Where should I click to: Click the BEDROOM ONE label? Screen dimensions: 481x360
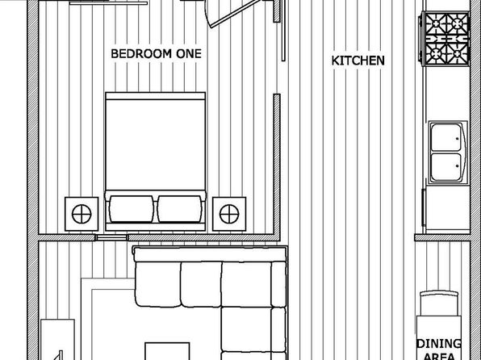156,54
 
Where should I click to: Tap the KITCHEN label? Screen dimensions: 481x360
358,61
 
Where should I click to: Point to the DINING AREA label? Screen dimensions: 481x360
439,350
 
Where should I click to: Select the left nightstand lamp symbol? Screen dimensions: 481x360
82,214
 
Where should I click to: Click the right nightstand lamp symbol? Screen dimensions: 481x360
229,214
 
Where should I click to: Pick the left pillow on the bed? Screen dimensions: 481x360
132,209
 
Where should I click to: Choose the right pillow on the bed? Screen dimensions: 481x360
180,209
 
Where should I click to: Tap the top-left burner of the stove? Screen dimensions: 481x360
436,23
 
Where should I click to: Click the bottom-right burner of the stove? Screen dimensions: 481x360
457,54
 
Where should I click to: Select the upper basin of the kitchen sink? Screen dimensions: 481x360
446,137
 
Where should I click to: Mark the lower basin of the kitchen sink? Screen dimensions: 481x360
446,167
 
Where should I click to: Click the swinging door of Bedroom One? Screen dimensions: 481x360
235,14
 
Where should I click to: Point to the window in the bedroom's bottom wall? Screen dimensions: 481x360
111,237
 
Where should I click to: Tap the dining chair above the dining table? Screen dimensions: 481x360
439,303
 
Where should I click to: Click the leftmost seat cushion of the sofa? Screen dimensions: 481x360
158,284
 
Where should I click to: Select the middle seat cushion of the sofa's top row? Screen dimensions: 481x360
201,284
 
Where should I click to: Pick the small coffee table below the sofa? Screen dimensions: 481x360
167,351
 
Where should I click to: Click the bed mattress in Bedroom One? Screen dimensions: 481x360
155,144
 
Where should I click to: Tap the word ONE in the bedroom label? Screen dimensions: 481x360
189,54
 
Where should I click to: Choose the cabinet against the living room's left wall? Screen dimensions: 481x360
57,340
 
